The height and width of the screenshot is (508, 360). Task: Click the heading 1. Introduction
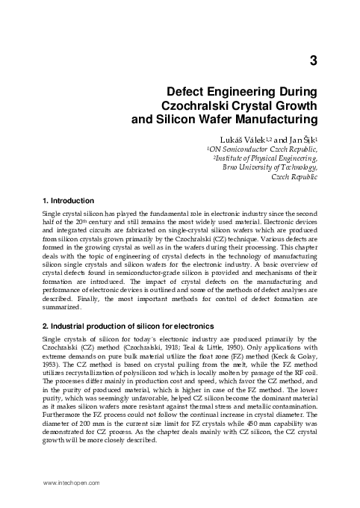[68, 200]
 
